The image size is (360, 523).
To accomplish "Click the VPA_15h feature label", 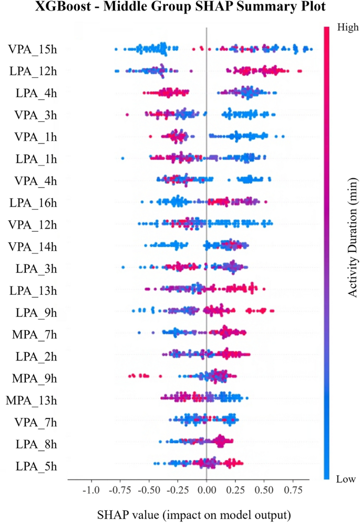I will (x=32, y=49).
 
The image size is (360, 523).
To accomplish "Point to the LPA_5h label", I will (x=36, y=466).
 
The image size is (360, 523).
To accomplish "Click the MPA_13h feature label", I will (x=31, y=400).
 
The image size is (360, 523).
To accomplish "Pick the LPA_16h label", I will (x=32, y=202).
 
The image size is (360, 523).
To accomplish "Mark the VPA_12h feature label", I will (x=32, y=224).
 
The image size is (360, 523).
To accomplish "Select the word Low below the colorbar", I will (x=346, y=479).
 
